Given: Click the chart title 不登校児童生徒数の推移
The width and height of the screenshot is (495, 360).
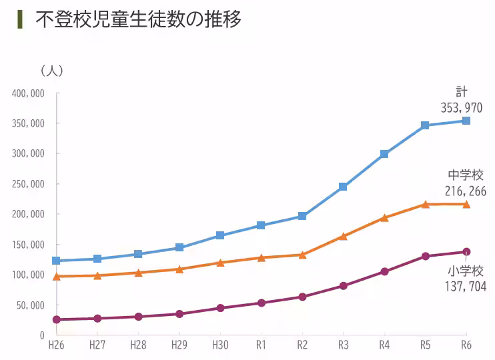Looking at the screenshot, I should click(138, 19).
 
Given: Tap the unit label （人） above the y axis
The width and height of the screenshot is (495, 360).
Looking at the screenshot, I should click(51, 70).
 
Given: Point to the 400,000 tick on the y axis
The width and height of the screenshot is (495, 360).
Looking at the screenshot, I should click(28, 93).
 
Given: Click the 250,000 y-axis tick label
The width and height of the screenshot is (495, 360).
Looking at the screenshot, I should click(28, 184).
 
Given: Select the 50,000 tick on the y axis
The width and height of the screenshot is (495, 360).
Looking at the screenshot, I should click(30, 305).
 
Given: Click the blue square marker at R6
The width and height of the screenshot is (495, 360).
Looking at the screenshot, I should click(466, 121).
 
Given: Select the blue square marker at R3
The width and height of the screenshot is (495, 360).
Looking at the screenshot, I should click(343, 187).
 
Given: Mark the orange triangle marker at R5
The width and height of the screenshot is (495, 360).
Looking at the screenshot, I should click(425, 204).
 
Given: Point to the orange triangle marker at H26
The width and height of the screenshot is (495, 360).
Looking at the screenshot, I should click(57, 276).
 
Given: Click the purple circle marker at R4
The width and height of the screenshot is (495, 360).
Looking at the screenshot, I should click(384, 271).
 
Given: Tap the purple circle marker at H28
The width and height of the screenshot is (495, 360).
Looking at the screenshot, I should click(138, 317).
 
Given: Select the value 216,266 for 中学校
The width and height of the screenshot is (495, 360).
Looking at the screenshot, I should click(465, 191).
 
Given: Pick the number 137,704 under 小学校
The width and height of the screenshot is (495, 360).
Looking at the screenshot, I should click(465, 286).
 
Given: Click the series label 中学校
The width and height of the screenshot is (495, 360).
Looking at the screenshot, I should click(465, 175).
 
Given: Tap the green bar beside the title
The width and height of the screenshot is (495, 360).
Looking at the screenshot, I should click(20, 19).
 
